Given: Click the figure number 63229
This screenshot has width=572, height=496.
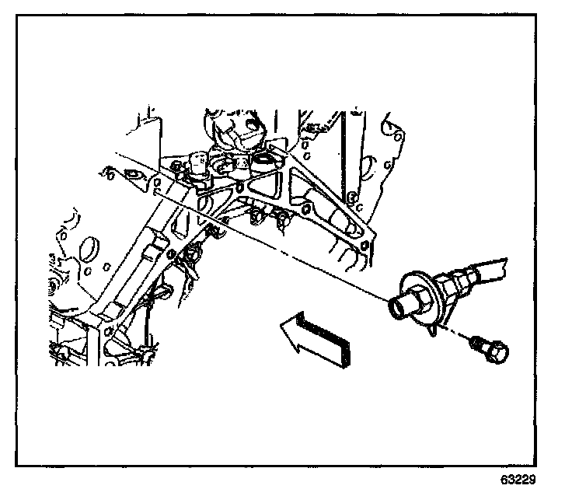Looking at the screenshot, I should click(518, 480).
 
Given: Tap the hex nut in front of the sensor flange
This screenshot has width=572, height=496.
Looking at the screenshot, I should click(417, 299).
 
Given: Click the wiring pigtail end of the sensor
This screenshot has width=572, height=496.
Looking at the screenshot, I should click(490, 268).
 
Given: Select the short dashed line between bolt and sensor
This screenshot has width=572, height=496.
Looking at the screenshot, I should click(465, 335).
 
